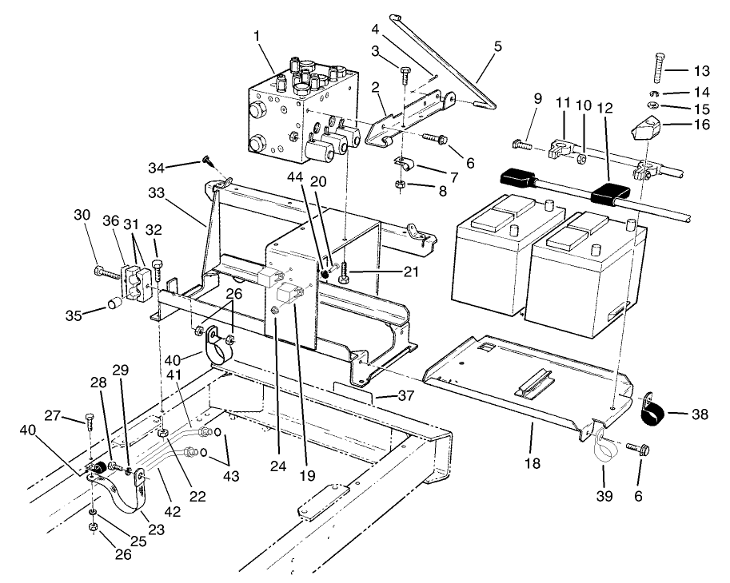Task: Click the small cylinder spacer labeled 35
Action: click(x=114, y=303)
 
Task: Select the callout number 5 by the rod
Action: click(x=498, y=47)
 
